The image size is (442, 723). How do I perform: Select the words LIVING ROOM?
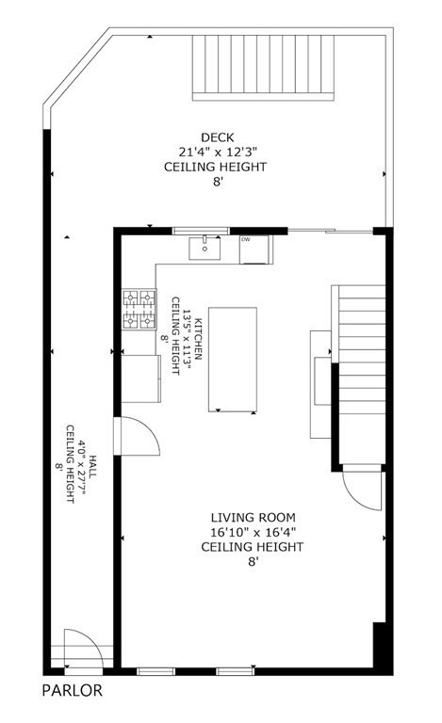tap(253, 517)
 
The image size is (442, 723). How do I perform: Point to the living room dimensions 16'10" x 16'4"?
tap(253, 532)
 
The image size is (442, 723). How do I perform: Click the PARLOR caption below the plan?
tap(73, 690)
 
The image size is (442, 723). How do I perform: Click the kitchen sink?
tap(204, 249)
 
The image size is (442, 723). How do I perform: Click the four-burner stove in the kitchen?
tap(139, 310)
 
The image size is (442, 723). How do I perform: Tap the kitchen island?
tap(232, 359)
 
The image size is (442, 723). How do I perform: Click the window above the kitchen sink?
tap(201, 230)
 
